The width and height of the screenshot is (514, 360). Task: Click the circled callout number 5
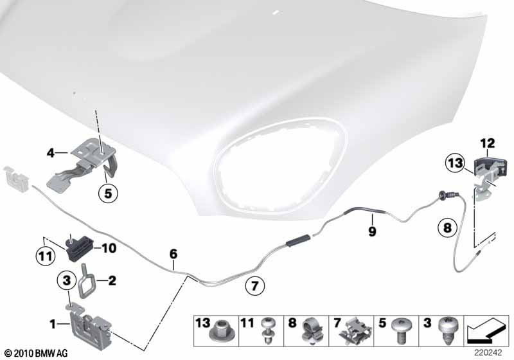108,194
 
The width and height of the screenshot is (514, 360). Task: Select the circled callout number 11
45,256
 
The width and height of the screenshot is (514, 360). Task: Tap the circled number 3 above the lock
67,280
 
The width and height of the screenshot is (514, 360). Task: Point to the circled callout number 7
254,286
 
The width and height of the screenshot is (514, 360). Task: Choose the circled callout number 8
447,227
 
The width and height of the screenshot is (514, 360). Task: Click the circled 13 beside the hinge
456,163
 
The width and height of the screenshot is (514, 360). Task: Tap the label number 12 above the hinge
488,143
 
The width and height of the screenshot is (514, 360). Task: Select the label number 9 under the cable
372,231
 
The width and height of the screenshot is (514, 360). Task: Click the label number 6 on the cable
173,253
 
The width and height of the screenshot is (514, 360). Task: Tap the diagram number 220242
488,353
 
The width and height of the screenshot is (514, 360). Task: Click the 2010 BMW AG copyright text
37,353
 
